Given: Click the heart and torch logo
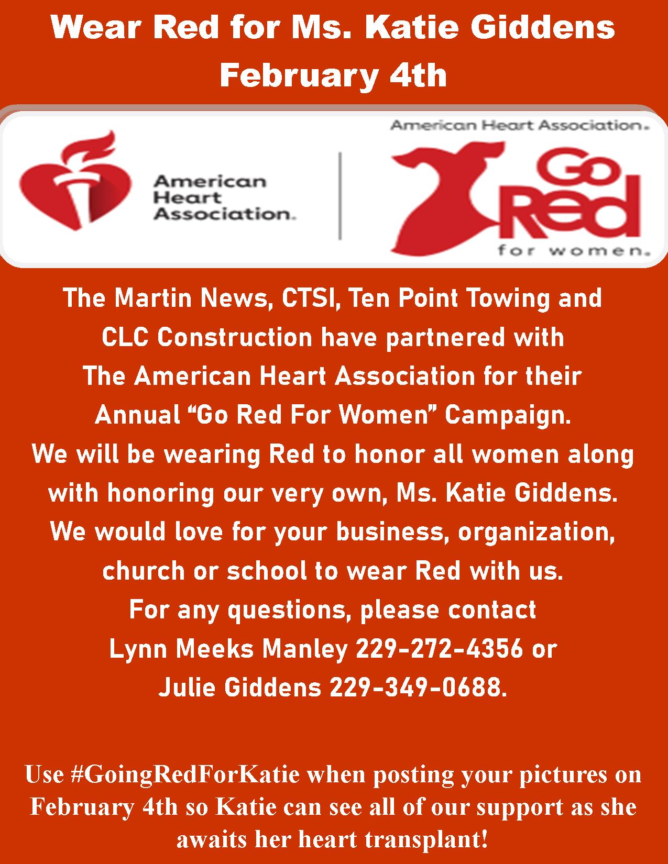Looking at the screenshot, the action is [x=75, y=181].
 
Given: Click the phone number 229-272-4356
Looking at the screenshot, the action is [x=439, y=648].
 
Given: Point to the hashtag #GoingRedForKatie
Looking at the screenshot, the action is [x=185, y=775].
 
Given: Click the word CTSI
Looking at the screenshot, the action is [x=310, y=298].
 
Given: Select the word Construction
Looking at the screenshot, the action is [x=234, y=338].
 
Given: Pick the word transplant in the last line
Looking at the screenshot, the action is [x=426, y=840].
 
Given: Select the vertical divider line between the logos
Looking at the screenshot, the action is [x=340, y=196].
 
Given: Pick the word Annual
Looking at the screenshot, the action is [x=137, y=415].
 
